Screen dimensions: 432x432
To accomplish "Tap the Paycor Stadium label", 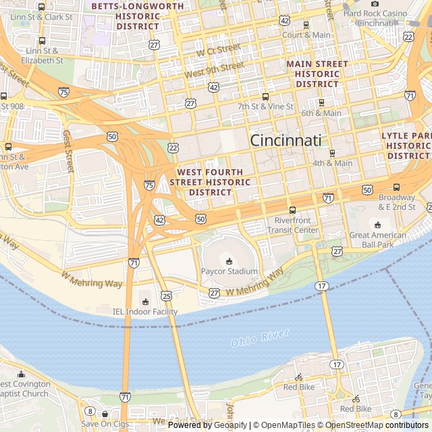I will pos(229,271).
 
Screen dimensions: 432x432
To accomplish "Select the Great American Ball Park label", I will pos(377,240).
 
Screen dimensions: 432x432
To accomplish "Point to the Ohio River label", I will pos(260,338).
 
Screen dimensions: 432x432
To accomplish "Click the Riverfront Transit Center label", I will pos(296,225).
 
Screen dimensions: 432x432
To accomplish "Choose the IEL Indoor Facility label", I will pos(144,312).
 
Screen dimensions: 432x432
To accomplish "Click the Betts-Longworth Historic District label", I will pos(137,16).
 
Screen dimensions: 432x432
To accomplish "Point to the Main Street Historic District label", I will pos(317,74).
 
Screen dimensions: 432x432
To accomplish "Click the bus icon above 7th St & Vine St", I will pos(265,97).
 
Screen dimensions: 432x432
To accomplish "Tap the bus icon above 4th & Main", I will pos(331,153).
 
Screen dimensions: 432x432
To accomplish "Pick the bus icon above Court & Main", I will pos(306,25).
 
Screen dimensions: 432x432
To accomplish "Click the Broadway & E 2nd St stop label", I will pos(396,202).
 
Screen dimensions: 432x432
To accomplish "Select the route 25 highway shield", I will pos(166,296).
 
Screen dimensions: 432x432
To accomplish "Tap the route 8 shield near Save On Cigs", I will pos(90,410).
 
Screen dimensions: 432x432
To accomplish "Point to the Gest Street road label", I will pos(67,152).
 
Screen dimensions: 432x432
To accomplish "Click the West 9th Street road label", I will pos(214,68).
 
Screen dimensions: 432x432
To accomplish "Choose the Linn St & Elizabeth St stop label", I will pos(42,55).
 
